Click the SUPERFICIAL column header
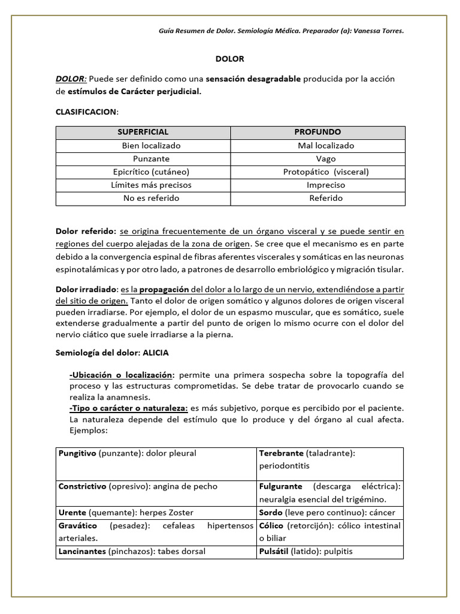pos(143,132)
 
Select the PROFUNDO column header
pos(317,132)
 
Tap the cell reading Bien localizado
pos(151,146)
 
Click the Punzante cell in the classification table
pos(151,159)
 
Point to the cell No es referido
pos(151,198)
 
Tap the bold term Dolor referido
pos(86,231)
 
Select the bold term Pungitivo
pos(77,453)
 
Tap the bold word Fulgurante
pos(280,486)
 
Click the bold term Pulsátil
pos(274,551)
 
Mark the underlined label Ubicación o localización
pos(122,375)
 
